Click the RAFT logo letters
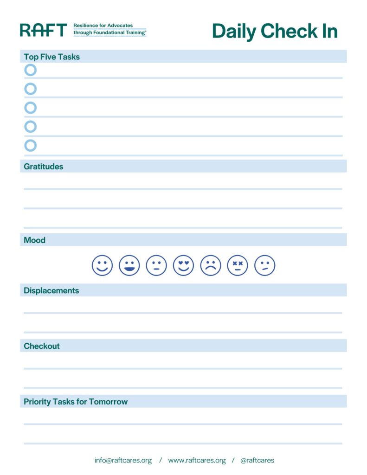coord(43,30)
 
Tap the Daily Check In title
coord(274,31)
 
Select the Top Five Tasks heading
coord(52,57)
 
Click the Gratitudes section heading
coord(43,167)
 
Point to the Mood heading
coord(34,240)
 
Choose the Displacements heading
coord(51,291)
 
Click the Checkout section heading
coord(42,346)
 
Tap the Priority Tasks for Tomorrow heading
coord(76,402)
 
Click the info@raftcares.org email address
coord(123,461)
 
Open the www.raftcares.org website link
coord(197,461)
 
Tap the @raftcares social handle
coord(257,461)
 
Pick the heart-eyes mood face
coord(183,266)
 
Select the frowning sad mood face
coord(211,266)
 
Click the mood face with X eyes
coord(238,266)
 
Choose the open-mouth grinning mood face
coord(129,266)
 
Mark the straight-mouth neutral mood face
coord(156,266)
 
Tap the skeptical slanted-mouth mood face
coord(264,266)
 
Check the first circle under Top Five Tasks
coord(30,70)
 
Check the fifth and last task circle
coord(30,146)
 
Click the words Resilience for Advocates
coord(103,26)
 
